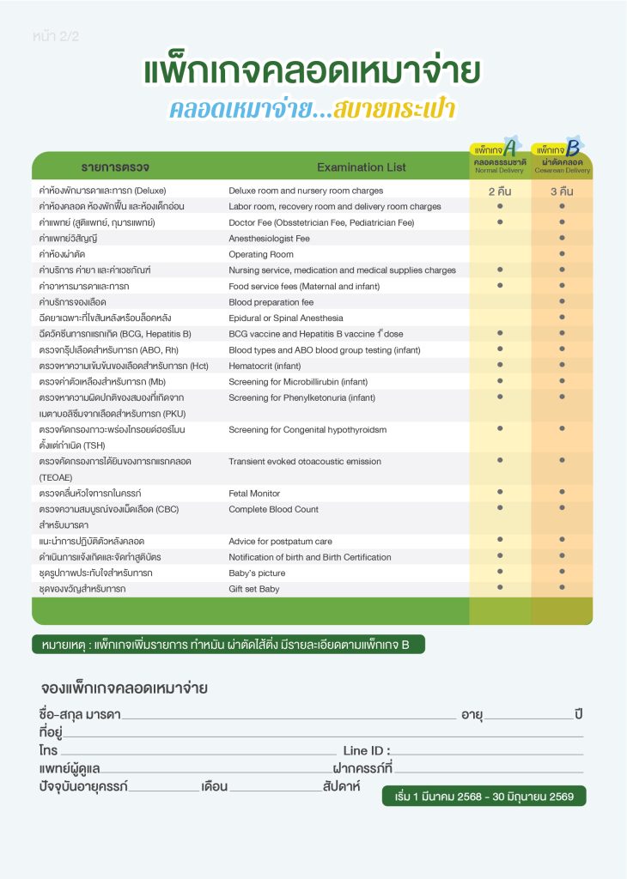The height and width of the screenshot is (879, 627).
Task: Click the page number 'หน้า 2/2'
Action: (x=55, y=36)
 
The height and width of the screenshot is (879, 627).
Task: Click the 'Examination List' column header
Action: (x=362, y=167)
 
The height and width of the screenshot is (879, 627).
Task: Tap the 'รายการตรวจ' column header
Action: (x=116, y=167)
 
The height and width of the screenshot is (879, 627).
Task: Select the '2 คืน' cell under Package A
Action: (x=500, y=191)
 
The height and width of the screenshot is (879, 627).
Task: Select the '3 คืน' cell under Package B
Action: (x=562, y=191)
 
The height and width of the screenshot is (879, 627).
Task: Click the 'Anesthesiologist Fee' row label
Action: (x=269, y=239)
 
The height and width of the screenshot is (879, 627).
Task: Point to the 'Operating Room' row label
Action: (x=261, y=255)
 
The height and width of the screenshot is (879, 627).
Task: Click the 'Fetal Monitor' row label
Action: (x=254, y=494)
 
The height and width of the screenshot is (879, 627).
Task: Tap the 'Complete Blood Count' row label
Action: (x=273, y=509)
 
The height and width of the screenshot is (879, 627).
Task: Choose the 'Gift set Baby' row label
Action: (x=254, y=589)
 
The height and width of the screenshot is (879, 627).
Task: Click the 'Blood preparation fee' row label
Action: (x=271, y=302)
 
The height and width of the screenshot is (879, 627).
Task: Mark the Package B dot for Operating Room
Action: (x=562, y=254)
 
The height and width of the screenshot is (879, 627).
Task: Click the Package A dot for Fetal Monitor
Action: (x=500, y=493)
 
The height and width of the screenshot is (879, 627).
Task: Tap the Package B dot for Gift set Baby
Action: (x=562, y=588)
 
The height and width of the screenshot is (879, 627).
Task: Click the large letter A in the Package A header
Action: (x=510, y=148)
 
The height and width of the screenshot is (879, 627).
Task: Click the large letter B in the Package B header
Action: (x=572, y=148)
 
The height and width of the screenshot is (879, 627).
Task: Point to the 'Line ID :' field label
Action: (x=367, y=750)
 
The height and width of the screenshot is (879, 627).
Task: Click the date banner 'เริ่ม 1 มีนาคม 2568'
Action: (x=484, y=796)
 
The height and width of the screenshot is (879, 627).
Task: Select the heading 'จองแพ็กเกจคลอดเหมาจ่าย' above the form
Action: (x=125, y=688)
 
